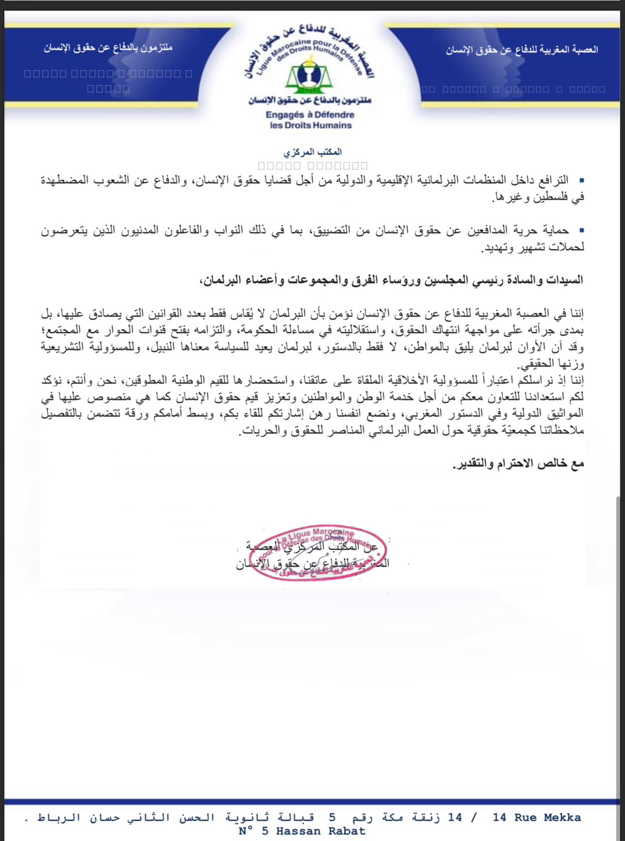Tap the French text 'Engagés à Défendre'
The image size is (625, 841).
(x=310, y=115)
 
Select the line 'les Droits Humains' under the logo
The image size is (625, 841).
(x=310, y=126)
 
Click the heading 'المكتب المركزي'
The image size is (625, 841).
(x=313, y=152)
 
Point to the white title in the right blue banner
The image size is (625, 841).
(x=522, y=50)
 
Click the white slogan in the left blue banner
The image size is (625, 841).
(x=108, y=48)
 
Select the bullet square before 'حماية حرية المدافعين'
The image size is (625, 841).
(x=581, y=230)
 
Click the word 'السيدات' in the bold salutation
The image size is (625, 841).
(x=565, y=280)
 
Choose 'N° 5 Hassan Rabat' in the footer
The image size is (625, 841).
(x=301, y=832)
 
